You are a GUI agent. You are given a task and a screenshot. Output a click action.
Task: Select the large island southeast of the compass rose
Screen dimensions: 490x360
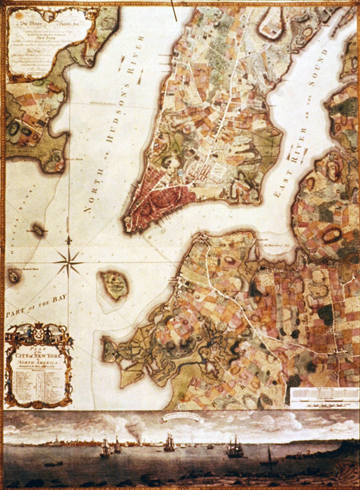(x=114, y=285)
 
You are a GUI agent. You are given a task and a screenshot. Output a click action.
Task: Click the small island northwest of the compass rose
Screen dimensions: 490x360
(x=38, y=230)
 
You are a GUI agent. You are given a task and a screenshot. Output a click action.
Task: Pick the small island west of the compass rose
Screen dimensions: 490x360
(x=13, y=276)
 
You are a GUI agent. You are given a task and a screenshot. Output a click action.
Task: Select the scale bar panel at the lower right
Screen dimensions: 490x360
(x=324, y=398)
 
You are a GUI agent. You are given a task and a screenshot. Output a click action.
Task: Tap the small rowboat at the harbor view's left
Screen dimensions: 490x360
(x=53, y=463)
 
